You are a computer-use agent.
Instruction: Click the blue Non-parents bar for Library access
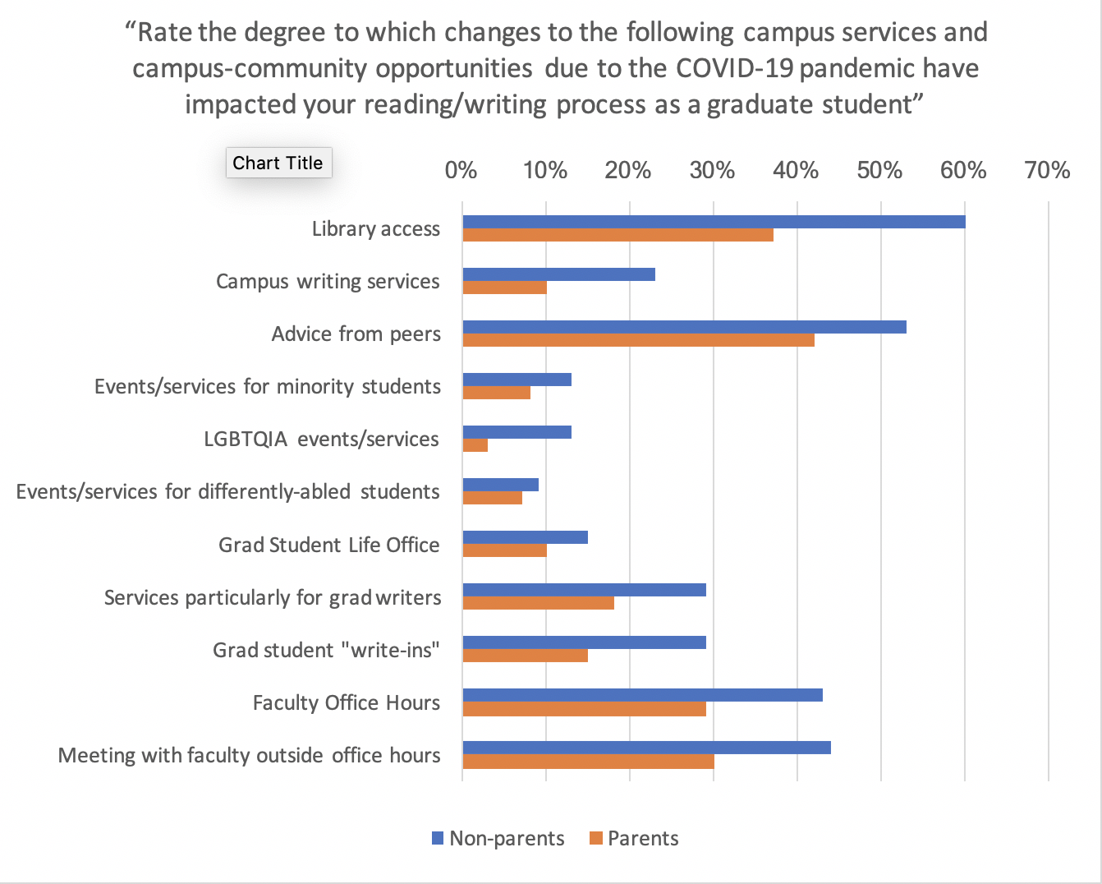713,222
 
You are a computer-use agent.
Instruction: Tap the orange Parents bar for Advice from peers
638,340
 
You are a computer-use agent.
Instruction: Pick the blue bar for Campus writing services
558,274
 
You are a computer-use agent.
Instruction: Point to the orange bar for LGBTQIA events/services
475,445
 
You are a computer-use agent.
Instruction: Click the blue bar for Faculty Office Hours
642,695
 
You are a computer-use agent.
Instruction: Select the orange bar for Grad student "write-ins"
525,656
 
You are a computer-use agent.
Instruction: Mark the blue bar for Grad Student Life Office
525,537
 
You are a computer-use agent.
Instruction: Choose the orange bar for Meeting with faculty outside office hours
588,762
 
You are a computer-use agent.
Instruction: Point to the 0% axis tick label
461,170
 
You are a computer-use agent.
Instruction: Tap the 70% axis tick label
1047,170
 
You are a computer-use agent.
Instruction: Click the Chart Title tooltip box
278,163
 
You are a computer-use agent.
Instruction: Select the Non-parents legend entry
498,839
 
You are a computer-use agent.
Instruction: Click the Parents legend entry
634,839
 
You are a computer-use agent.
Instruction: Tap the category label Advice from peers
356,334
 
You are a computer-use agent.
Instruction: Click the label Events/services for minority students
267,387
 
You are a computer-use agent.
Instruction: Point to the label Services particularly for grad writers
272,597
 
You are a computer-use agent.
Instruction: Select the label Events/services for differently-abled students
227,492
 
